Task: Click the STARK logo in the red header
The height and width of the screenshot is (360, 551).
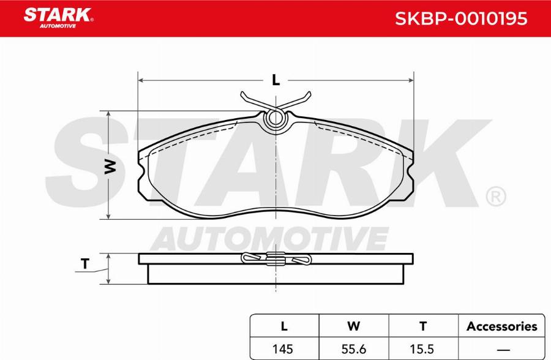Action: [x=58, y=17]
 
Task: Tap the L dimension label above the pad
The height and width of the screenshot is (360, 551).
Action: [x=275, y=80]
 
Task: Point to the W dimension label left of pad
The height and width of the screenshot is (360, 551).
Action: [x=110, y=166]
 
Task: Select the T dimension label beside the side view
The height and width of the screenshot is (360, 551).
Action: [x=85, y=264]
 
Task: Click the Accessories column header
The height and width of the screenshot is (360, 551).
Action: [x=501, y=326]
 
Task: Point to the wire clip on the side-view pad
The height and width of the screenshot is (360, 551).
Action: [x=276, y=260]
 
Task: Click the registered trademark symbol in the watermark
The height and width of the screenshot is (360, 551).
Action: [x=495, y=197]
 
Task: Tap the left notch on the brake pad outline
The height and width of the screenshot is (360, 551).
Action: [x=143, y=178]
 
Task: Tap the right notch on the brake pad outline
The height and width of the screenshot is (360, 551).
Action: [x=409, y=178]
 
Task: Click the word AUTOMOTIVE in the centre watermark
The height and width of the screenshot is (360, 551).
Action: [x=269, y=238]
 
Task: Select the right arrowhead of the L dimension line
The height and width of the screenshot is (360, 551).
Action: [x=410, y=80]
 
